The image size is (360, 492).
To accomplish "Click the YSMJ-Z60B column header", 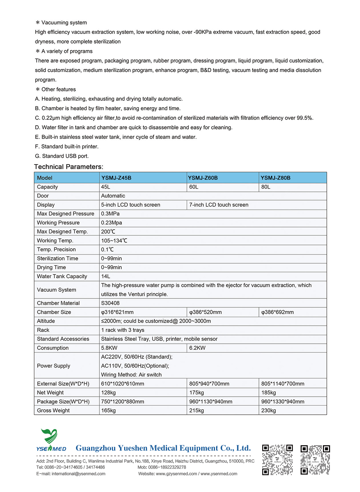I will click(203, 178).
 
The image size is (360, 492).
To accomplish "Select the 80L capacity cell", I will click(266, 187).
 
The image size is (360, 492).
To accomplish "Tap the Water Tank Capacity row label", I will click(62, 276).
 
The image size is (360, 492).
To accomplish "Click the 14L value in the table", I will click(105, 276).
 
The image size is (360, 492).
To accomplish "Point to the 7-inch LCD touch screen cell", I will click(219, 205).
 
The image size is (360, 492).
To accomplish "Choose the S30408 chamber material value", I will click(110, 303).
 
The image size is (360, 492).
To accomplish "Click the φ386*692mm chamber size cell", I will click(277, 312).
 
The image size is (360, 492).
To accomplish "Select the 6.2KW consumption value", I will click(197, 348).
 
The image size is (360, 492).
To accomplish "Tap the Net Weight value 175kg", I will click(197, 393).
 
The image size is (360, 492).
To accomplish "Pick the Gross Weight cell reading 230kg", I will click(269, 411).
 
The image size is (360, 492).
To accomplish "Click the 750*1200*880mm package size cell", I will click(122, 402).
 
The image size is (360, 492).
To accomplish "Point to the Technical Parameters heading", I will click(68, 167).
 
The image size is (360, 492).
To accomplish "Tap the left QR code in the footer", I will click(277, 460).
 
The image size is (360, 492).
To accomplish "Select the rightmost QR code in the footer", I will click(315, 460).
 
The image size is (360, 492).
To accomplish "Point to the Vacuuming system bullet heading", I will click(64, 23).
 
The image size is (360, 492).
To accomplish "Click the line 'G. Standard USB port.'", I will click(62, 156).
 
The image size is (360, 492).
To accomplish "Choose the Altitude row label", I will click(46, 321).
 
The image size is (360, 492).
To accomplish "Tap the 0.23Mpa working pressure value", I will click(112, 223).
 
